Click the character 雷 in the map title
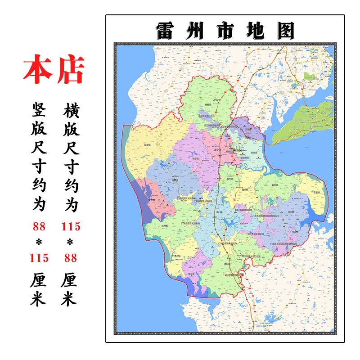click(166, 31)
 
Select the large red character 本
click(37, 70)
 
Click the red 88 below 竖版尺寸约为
click(39, 226)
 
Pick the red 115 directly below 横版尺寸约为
click(71, 226)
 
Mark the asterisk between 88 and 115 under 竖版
click(39, 242)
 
